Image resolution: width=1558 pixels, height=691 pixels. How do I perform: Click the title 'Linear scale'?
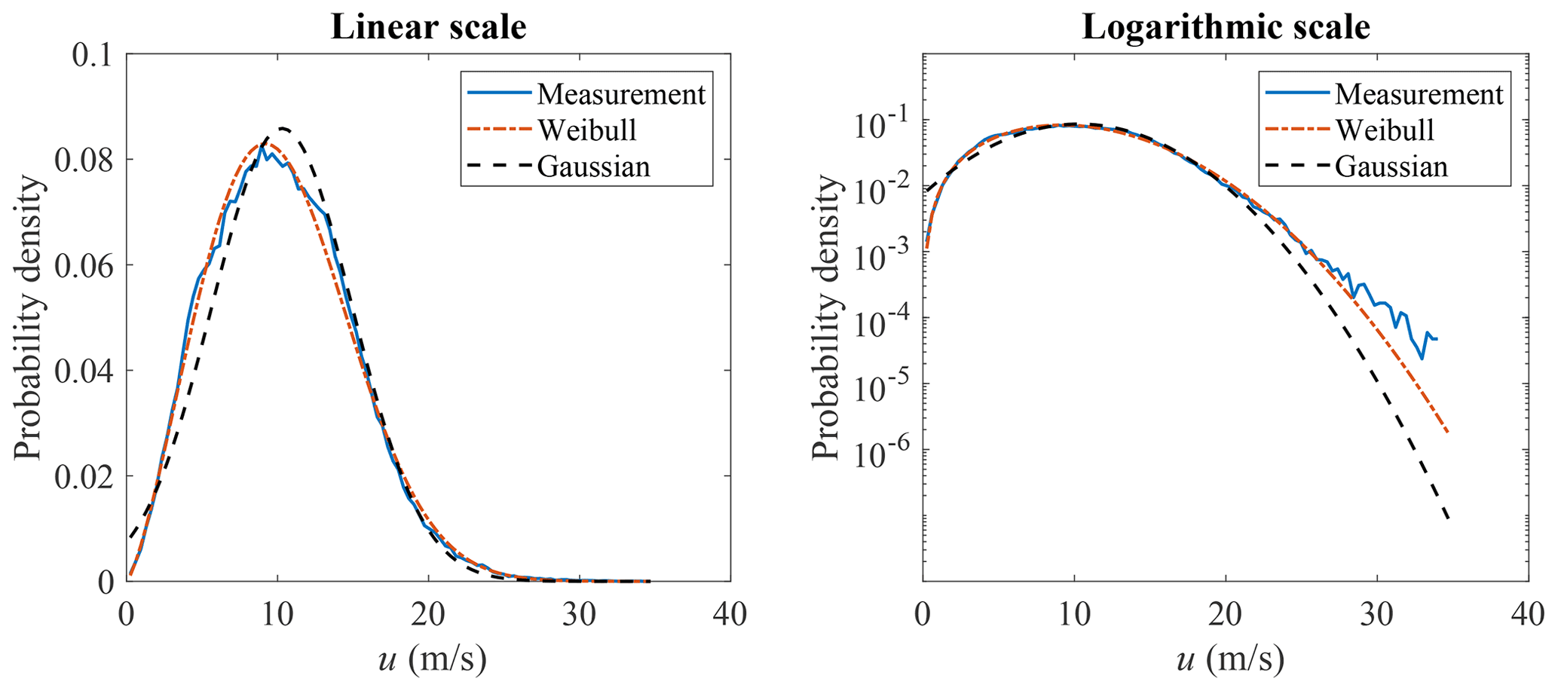point(428,27)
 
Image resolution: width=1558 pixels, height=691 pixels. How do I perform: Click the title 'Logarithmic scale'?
point(1226,27)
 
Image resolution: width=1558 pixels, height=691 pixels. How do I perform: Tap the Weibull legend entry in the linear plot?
point(587,130)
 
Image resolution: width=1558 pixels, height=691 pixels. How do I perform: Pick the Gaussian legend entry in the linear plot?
point(593,167)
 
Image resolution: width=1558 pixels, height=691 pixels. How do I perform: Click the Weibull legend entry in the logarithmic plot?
point(1385,130)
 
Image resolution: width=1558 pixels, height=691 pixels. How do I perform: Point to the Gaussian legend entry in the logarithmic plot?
point(1391,167)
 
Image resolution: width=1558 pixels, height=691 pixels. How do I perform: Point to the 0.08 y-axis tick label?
point(84,161)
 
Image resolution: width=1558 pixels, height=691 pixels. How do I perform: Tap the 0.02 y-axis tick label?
point(84,477)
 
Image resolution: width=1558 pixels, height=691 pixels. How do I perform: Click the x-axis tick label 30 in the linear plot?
point(580,614)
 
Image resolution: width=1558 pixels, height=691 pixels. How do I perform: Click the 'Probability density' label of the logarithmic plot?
point(825,317)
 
